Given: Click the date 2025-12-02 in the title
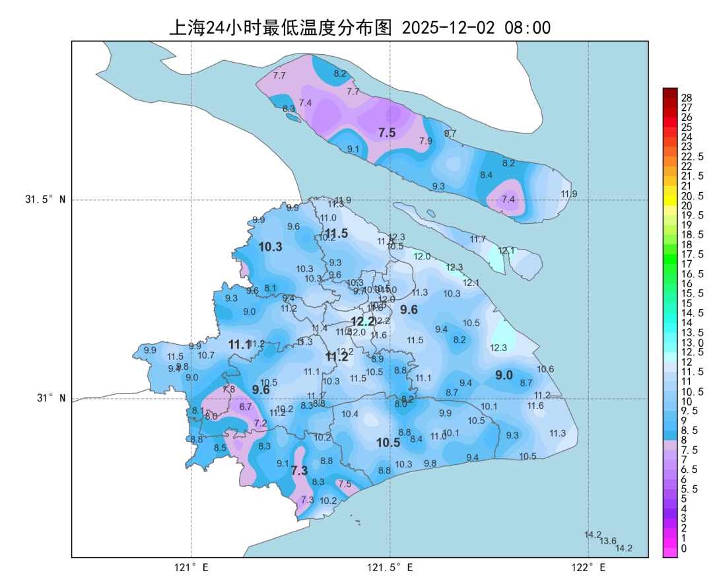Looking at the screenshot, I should coord(449,28).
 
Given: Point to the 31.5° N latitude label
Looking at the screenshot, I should coord(46,199).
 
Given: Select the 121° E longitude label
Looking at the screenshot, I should coord(191,567).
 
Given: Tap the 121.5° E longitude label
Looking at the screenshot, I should coord(390,567).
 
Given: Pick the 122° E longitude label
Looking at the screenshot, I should coord(589,567).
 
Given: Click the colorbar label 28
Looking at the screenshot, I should coord(686,97).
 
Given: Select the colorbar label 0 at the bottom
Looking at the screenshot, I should coord(683,548).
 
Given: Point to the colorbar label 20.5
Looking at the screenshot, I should coord(691,196).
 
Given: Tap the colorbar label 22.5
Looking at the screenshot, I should coord(691,156).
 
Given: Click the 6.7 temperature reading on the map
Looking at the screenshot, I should coord(246,407).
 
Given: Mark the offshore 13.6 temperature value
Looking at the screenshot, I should coord(608,541).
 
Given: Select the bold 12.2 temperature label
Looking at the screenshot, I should coord(363,322).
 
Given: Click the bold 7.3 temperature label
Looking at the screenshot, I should coord(300,471).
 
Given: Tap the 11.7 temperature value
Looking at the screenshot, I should coord(477,239).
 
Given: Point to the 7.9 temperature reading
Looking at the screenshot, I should coord(426,141).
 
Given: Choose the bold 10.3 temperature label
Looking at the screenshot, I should coord(270,247).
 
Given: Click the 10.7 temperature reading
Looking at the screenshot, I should coord(206,355).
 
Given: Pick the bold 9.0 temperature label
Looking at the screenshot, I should coord(504,375).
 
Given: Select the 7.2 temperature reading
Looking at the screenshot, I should coord(260,423).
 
